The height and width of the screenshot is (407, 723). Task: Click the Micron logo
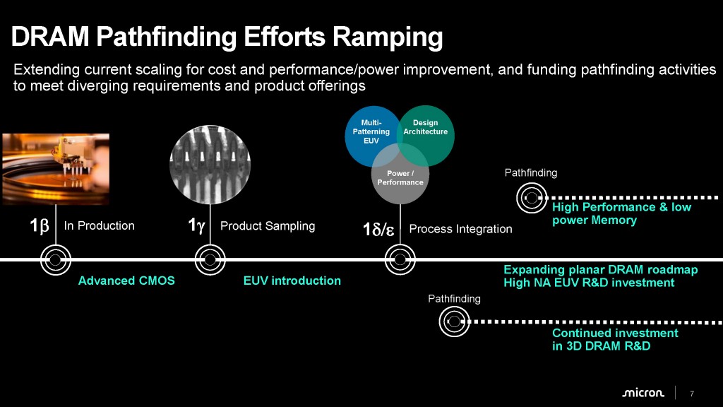click(x=643, y=393)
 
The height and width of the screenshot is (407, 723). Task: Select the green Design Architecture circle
click(x=426, y=131)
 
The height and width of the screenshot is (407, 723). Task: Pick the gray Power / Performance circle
click(x=400, y=177)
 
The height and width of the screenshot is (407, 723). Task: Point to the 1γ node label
click(x=196, y=226)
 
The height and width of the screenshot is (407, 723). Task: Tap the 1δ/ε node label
click(x=378, y=230)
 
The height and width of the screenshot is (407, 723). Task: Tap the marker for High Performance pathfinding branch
click(x=530, y=196)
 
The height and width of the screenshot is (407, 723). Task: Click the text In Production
click(x=99, y=226)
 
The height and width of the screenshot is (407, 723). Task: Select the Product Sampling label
click(x=268, y=226)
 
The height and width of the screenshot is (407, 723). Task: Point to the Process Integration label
click(x=460, y=229)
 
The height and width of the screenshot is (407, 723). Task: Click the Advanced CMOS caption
click(x=126, y=281)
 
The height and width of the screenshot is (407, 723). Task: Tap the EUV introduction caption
click(x=292, y=281)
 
